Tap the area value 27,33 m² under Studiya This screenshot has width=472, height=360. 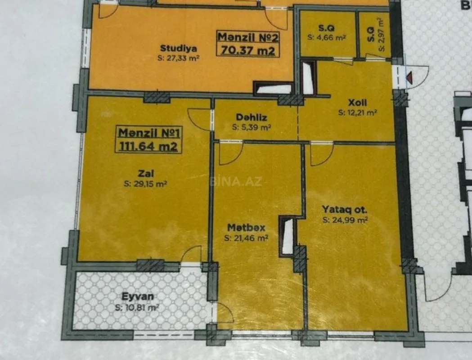pyautogui.click(x=178, y=58)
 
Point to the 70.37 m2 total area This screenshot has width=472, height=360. pyautogui.click(x=247, y=50)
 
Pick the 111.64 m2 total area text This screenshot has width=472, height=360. pyautogui.click(x=148, y=146)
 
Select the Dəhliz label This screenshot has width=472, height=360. pyautogui.click(x=252, y=118)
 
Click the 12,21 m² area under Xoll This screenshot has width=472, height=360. pyautogui.click(x=358, y=113)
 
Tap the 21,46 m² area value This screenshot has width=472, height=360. pyautogui.click(x=246, y=238)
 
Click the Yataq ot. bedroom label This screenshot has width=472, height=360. pyautogui.click(x=345, y=209)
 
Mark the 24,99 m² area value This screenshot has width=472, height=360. pyautogui.click(x=345, y=220)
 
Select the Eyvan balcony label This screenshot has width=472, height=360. pyautogui.click(x=137, y=297)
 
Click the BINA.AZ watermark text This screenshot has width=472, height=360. pyautogui.click(x=235, y=182)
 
